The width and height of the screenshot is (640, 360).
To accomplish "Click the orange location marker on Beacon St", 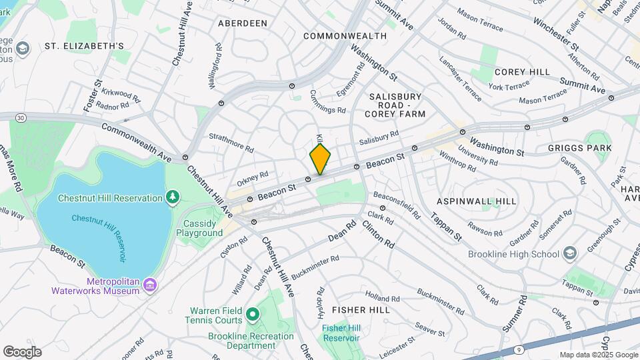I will [320, 159].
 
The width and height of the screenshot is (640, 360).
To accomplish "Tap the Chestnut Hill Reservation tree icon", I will [173, 197].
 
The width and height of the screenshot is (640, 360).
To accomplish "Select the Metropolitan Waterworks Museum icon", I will [151, 285].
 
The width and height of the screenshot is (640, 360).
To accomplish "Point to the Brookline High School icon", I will [569, 253].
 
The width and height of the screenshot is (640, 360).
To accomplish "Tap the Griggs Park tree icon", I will [589, 147].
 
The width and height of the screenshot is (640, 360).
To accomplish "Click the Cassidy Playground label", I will [199, 228].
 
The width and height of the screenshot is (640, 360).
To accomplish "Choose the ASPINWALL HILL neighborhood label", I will [477, 201].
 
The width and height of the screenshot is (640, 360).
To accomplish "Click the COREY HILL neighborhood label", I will [522, 72].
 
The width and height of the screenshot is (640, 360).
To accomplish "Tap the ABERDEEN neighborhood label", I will [243, 23].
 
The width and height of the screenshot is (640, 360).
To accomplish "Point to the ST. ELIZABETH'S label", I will [85, 46].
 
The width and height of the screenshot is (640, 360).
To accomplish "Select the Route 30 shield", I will [21, 118].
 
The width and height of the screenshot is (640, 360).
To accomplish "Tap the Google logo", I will [22, 351].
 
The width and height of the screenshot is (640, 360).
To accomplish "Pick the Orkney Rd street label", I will [252, 179].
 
